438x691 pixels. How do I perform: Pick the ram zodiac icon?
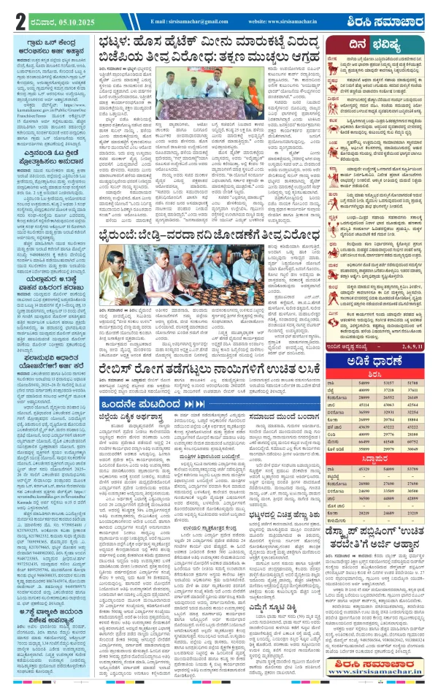337,66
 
